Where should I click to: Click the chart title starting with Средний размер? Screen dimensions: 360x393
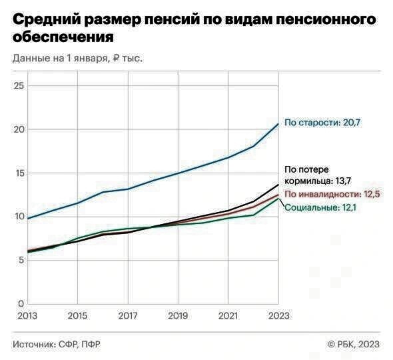pos(189,28)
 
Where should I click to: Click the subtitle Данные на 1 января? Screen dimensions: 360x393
pos(77,58)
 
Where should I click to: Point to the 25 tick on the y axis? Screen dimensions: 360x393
pos(19,86)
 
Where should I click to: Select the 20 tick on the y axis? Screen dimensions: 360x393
pos(19,129)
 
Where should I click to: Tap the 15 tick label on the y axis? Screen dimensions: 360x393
pos(19,173)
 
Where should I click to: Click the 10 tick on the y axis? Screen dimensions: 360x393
pos(19,217)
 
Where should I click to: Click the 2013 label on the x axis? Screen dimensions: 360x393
pos(27,315)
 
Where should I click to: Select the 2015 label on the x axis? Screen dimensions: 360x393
pos(78,315)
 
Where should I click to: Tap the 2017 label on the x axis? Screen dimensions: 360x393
pos(128,315)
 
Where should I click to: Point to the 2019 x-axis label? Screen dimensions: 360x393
pos(178,315)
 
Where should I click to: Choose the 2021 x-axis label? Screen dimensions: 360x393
pos(228,315)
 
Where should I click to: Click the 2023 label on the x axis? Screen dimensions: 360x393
pos(278,315)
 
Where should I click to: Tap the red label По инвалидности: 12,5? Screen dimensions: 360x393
pos(332,195)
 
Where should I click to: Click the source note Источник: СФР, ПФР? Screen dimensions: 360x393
pos(57,344)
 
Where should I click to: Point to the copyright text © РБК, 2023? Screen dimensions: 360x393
pos(353,344)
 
